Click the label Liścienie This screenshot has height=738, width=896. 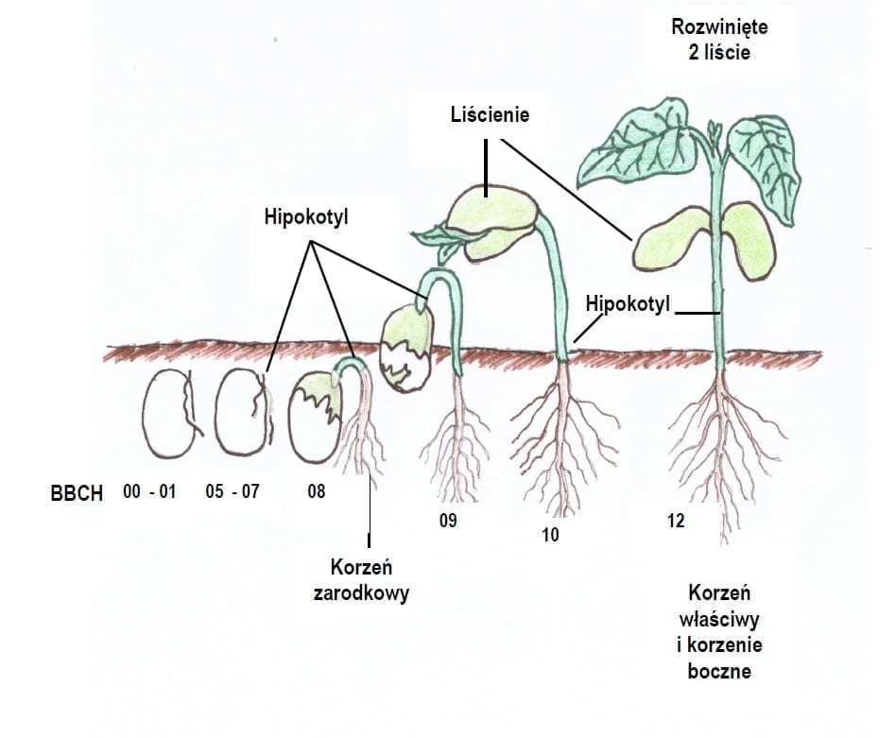(489, 114)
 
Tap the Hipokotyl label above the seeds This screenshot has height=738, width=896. (306, 217)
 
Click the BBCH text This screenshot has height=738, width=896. (77, 494)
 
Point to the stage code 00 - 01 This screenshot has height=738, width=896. (149, 492)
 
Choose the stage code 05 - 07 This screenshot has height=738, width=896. (232, 492)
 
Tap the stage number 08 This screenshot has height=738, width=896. (317, 492)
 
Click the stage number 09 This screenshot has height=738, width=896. (448, 521)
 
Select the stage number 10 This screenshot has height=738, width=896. (551, 535)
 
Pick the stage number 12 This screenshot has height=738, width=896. (675, 521)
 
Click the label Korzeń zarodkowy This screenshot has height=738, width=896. (370, 581)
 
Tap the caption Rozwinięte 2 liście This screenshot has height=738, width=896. (719, 40)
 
